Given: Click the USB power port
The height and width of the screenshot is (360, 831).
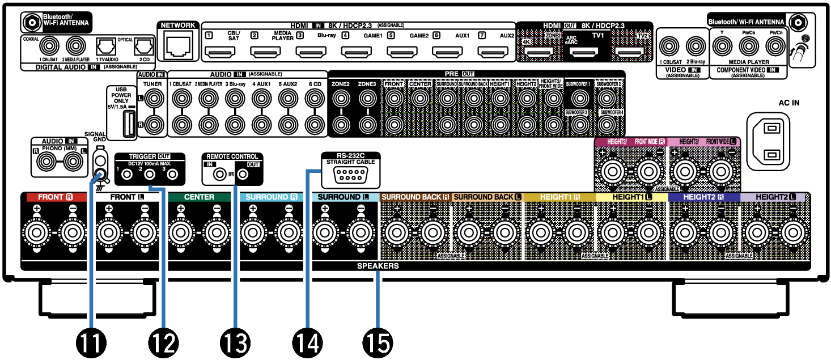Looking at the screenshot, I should pos(126,123).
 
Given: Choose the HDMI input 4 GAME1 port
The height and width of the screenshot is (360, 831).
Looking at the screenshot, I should pos(353,53).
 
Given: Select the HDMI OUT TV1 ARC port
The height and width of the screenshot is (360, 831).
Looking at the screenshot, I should pos(584,54).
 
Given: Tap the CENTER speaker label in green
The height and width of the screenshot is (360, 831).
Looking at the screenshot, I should pos(199,197).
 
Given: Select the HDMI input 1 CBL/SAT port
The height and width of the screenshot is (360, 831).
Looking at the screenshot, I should pos(217,53).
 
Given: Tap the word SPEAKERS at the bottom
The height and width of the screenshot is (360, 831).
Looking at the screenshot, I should pos(378,266).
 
